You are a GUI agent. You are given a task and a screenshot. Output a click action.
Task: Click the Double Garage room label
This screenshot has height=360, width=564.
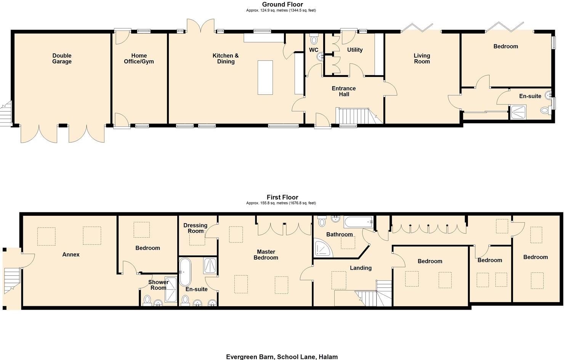coord(62,58)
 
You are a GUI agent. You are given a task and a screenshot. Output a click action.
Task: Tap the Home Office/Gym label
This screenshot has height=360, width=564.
coord(139,58)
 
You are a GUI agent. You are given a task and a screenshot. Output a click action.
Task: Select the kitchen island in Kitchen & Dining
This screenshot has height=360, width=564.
coord(265,77)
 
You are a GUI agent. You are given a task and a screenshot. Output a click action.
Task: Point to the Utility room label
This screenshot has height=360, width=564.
coord(355,50)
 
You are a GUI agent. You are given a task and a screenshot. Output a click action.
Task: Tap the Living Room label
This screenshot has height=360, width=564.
coord(422,58)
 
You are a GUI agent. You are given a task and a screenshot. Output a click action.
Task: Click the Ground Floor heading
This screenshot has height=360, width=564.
coord(282,5)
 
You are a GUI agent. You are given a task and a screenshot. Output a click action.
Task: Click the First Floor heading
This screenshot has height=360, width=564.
coord(282,197)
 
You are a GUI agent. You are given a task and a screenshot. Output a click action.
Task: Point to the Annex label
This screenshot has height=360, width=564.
coord(71,254)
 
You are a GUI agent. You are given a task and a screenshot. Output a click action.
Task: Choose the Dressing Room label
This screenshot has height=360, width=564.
coord(195,228)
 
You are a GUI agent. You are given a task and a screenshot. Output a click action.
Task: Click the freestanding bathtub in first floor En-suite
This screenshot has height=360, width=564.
coord(185,272)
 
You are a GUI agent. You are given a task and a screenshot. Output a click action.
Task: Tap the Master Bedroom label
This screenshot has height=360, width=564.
coord(266,254)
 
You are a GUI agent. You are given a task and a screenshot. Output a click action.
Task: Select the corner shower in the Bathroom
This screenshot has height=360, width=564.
coord(322,248)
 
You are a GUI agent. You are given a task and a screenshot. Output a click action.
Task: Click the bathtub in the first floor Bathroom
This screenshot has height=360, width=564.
coord(358,221)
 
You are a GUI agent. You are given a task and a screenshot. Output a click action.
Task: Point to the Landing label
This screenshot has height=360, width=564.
coord(361,268)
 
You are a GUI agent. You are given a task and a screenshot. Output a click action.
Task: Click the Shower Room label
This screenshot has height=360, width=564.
coord(158,285)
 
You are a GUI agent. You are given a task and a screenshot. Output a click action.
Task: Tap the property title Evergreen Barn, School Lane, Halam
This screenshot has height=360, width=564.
coord(282,357)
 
